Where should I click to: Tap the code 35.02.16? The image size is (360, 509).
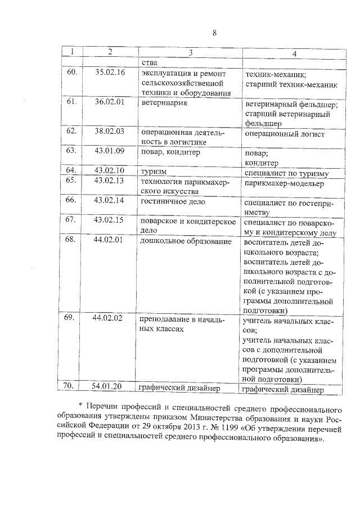(110, 73)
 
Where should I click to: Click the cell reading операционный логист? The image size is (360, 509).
(284, 134)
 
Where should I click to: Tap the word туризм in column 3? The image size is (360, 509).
(154, 170)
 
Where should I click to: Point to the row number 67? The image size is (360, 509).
(71, 220)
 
